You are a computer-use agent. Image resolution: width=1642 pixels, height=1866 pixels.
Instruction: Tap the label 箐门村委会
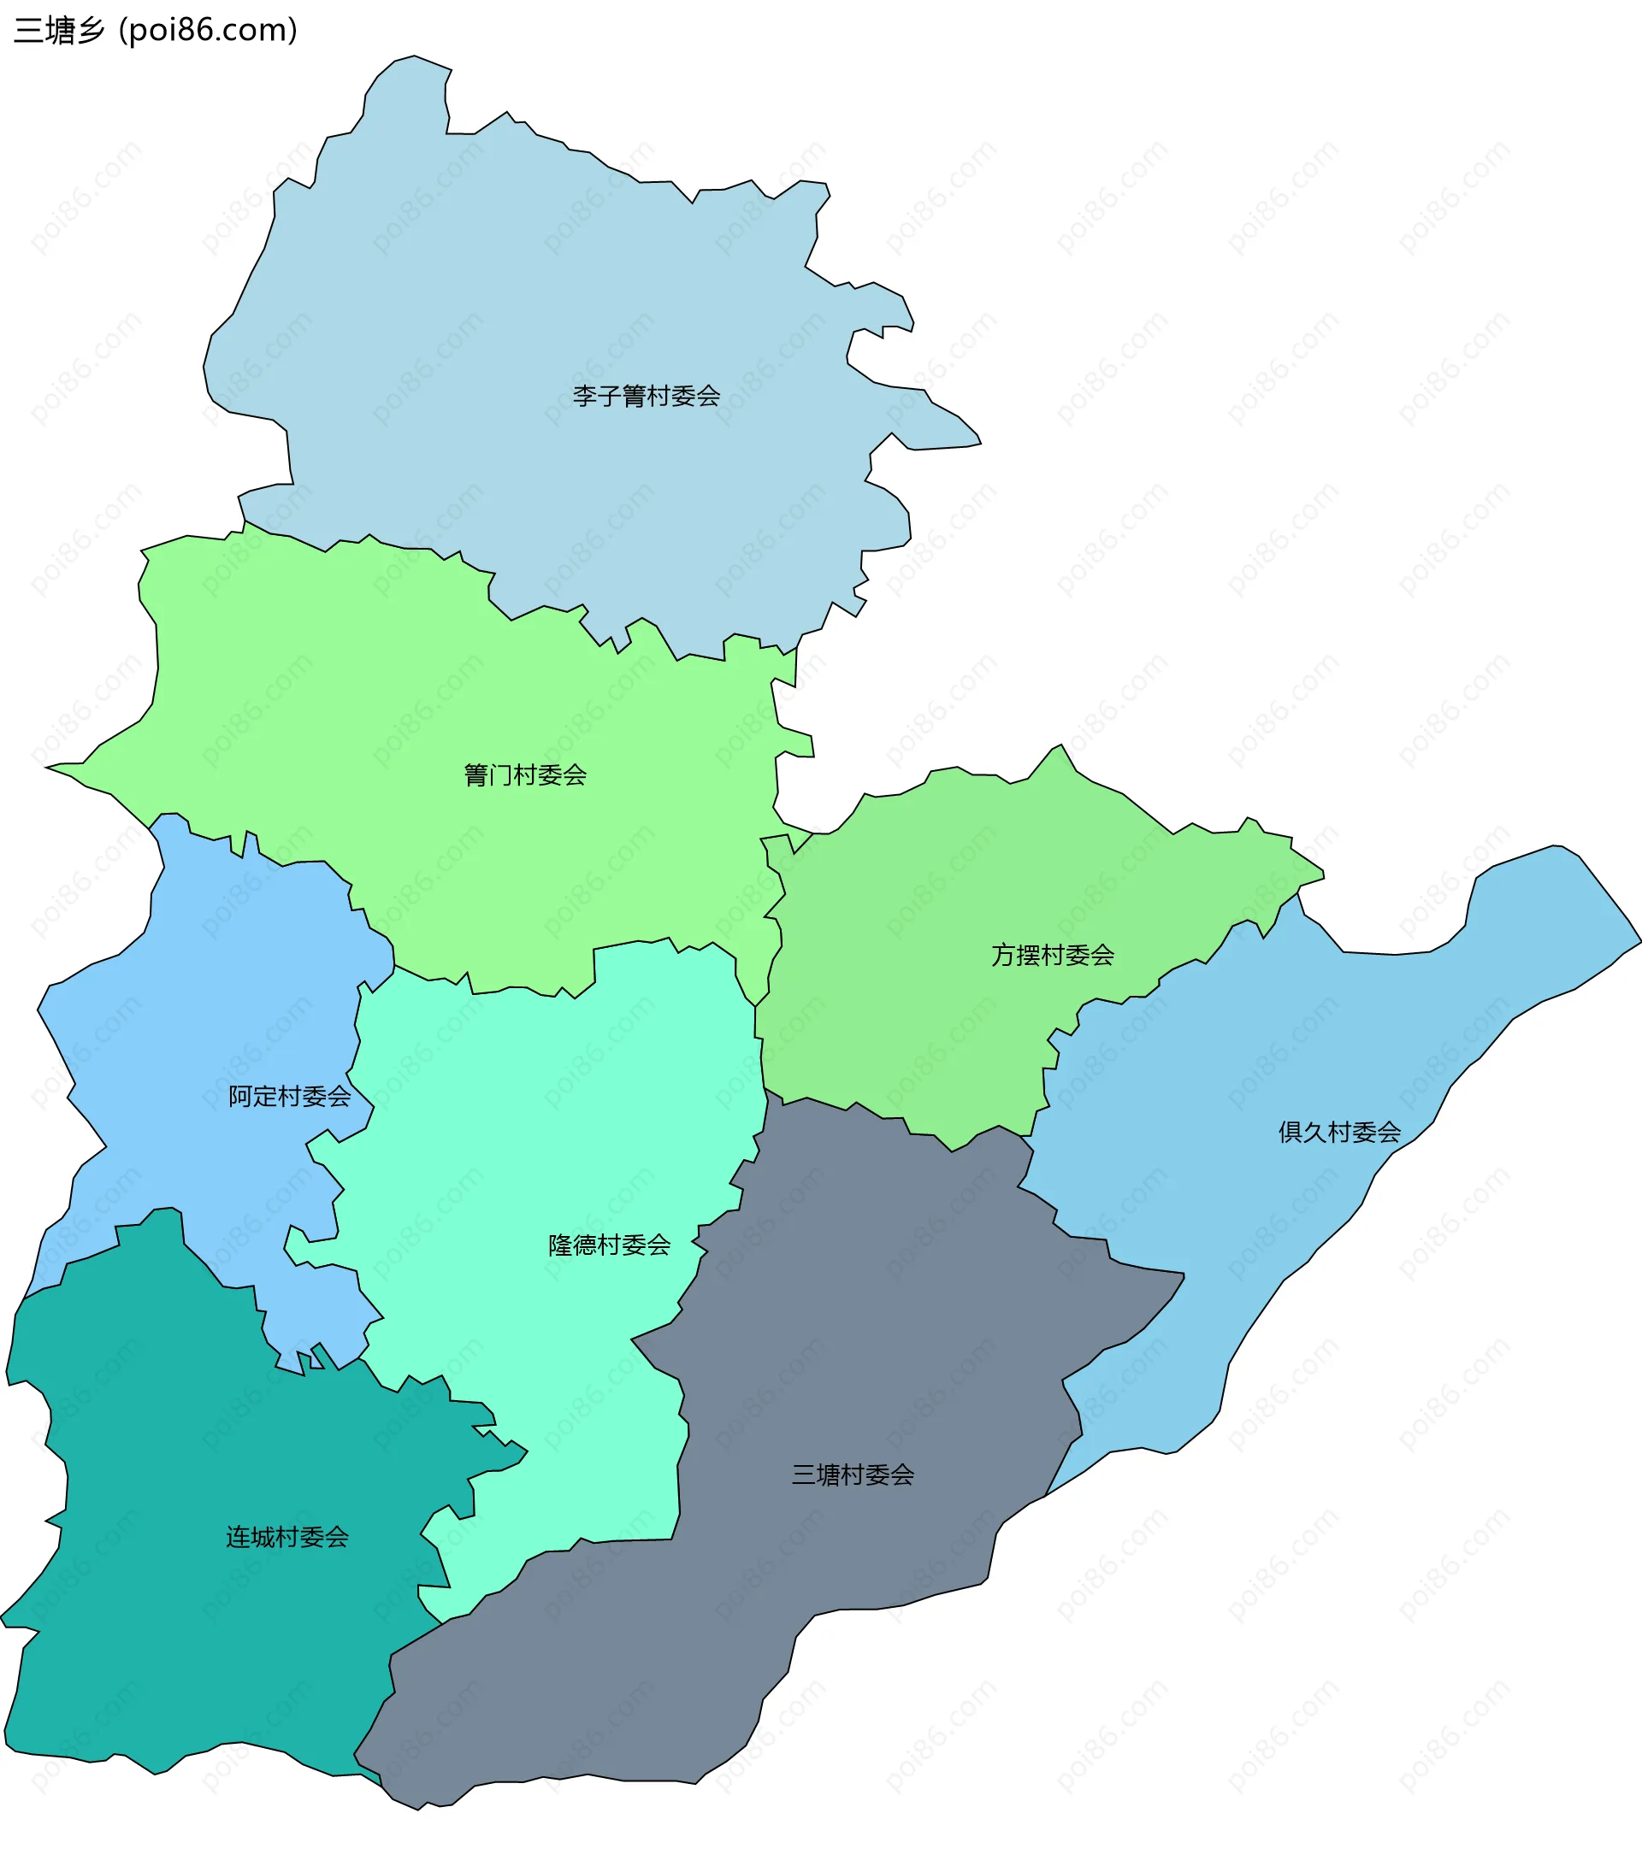[525, 775]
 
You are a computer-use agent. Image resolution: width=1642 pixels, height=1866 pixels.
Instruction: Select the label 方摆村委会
[1052, 955]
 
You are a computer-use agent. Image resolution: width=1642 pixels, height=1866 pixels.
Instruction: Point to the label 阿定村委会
[290, 1096]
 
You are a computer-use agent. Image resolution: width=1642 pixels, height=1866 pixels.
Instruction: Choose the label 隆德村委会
[609, 1245]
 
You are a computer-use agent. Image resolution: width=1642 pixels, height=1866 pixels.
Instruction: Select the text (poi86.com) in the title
[208, 30]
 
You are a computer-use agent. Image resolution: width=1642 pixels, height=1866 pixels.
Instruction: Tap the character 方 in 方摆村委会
[1004, 955]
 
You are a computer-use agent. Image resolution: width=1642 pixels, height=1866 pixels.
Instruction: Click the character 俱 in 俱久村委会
[1291, 1132]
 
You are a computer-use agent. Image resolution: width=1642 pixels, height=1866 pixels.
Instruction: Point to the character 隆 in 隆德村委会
[561, 1245]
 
